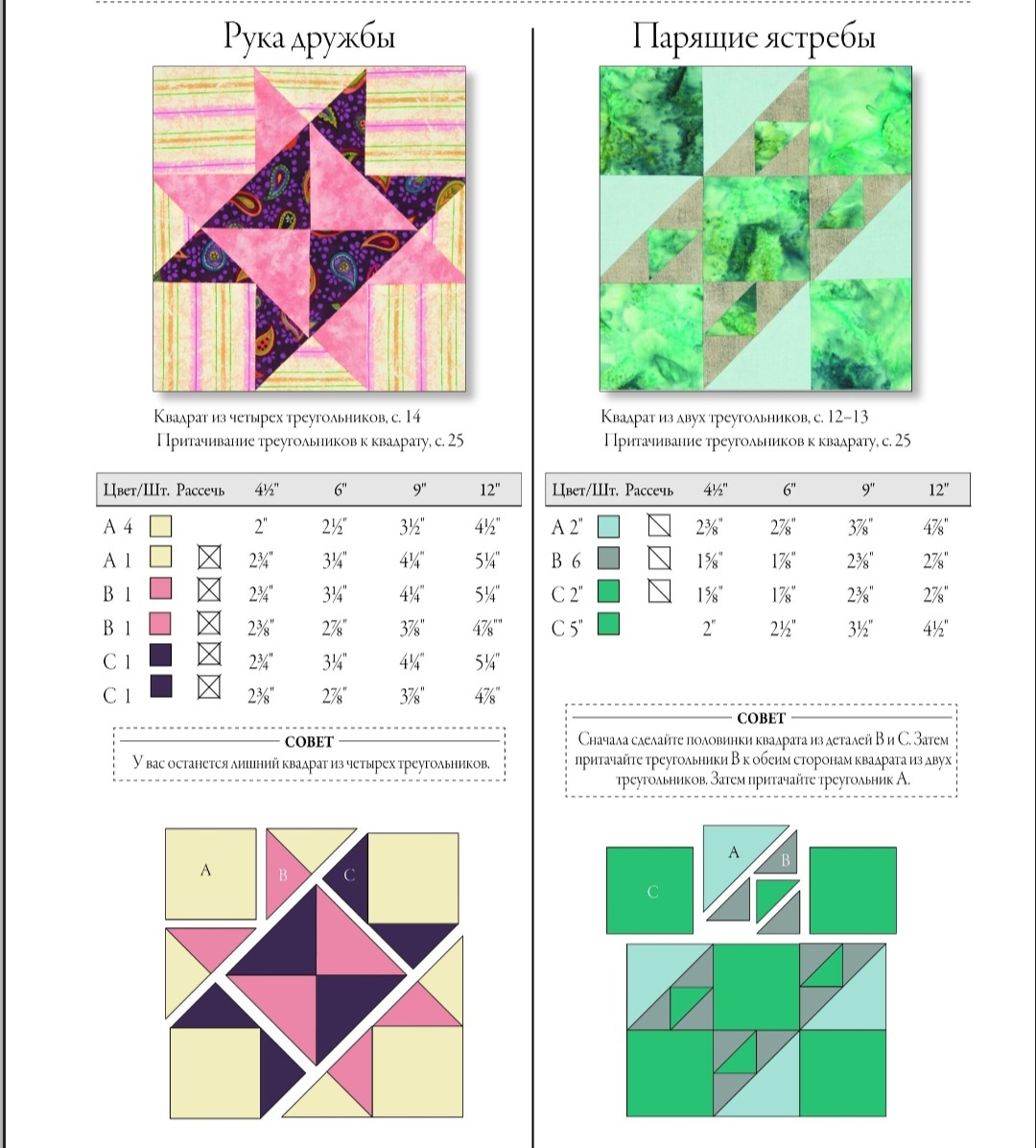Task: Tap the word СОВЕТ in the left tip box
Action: (x=309, y=742)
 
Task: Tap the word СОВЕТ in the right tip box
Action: (x=761, y=718)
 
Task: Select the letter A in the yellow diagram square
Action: (x=205, y=870)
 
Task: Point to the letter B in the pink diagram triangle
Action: (x=283, y=874)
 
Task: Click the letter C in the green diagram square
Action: (x=652, y=892)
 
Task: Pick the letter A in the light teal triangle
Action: (x=734, y=852)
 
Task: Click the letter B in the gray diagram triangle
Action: (x=785, y=860)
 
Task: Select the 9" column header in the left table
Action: (x=418, y=490)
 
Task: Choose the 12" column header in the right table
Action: (x=938, y=490)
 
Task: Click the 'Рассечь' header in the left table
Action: (x=200, y=490)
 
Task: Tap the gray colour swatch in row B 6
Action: (x=609, y=559)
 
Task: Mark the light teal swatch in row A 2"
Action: (x=609, y=526)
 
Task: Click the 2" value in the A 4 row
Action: (x=261, y=526)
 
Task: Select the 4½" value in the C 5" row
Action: (x=935, y=629)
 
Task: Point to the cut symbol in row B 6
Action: (x=659, y=559)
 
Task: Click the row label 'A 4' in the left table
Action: (x=118, y=526)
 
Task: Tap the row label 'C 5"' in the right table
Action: (x=567, y=629)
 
